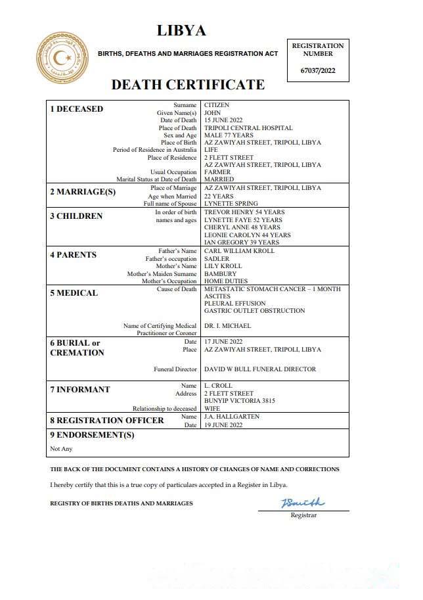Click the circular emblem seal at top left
(62, 58)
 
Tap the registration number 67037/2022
(318, 70)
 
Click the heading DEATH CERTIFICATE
(188, 85)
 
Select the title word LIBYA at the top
(181, 31)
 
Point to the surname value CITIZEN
(217, 105)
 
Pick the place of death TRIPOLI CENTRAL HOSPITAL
(248, 128)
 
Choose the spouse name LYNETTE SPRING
(231, 204)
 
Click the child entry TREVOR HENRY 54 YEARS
(244, 212)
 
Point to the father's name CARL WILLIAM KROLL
(239, 251)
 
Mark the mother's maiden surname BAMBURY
(220, 273)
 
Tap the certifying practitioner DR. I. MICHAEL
(227, 326)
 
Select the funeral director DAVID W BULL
(260, 369)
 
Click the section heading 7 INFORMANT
(79, 390)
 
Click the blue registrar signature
(302, 504)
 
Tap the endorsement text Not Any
(61, 449)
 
